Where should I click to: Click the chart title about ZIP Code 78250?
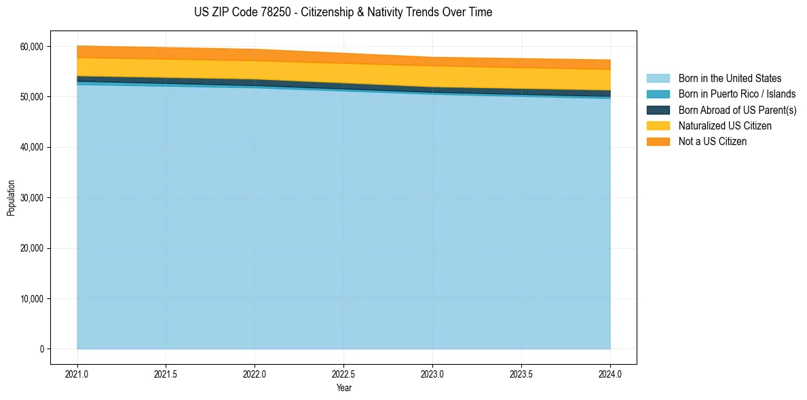[x=343, y=12]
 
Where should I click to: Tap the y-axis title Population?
[x=11, y=198]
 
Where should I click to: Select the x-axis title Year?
[x=343, y=388]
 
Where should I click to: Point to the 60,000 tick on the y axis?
[x=33, y=47]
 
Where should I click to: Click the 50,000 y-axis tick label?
[x=33, y=97]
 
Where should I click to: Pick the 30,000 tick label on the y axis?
[x=33, y=198]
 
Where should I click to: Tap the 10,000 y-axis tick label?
[x=33, y=299]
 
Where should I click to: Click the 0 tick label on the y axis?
[x=41, y=349]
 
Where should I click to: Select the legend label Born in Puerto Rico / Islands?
[x=737, y=94]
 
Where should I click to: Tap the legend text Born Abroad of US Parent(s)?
[x=737, y=110]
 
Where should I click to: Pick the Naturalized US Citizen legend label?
[x=725, y=126]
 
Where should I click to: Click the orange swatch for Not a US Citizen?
[x=658, y=142]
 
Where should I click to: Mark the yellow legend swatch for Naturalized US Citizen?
[x=658, y=126]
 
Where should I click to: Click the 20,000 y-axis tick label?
[x=33, y=248]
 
